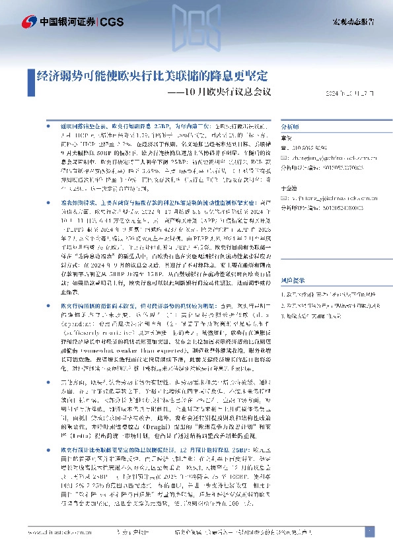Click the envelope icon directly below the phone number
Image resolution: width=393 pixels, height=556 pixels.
pyautogui.click(x=285, y=158)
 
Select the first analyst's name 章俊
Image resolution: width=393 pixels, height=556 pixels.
pyautogui.click(x=287, y=139)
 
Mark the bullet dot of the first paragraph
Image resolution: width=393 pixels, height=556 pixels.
pyautogui.click(x=46, y=124)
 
